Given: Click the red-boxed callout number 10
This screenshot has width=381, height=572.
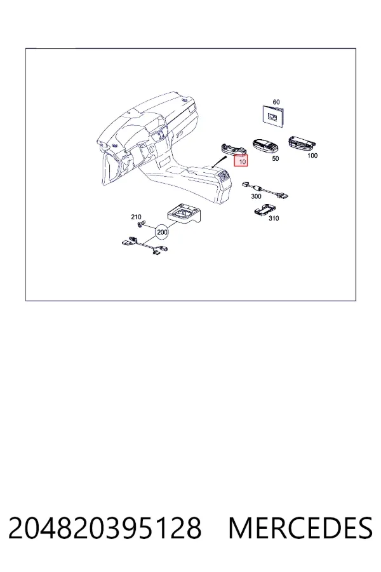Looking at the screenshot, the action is point(241,160).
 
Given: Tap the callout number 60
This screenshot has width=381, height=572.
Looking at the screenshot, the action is point(276,102).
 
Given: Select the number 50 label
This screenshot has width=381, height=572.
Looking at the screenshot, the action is point(276,158).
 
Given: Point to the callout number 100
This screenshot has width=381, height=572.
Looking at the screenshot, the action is point(312,156).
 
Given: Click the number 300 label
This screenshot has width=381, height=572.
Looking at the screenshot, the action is point(257,196).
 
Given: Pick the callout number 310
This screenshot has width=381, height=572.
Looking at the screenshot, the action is point(274,218).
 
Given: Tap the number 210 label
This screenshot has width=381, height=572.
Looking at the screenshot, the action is point(136,217).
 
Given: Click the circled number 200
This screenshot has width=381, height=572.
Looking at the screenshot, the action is point(162,232).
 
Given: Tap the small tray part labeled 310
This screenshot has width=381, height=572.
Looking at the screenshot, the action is point(265,210).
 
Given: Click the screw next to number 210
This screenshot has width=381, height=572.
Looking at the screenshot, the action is point(140,224).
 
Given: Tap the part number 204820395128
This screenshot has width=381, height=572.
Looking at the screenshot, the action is point(105,528).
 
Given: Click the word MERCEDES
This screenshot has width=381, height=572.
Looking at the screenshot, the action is point(300,528).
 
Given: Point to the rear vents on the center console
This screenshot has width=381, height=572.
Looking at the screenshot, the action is point(224,178).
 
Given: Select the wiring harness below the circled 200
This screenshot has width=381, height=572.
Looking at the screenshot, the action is point(145,246).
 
